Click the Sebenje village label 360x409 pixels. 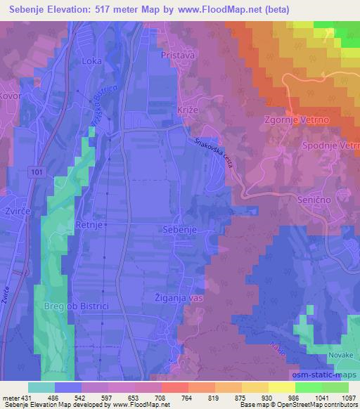198,230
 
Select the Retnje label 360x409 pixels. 90,226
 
